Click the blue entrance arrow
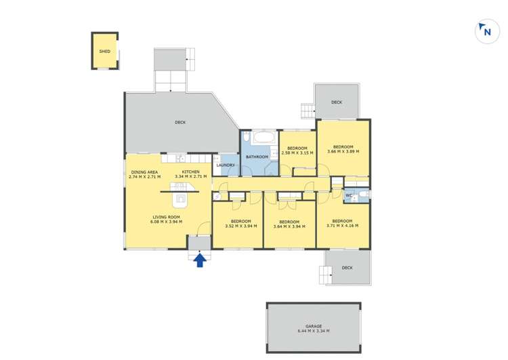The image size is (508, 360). tap(200, 260)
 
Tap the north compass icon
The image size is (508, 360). tap(486, 32)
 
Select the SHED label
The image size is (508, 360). tap(104, 52)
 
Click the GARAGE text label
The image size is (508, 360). tap(313, 326)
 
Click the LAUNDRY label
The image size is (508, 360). tap(226, 165)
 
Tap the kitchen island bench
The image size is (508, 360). tap(180, 199)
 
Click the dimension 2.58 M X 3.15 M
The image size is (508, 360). tap(298, 153)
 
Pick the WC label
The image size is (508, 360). tap(349, 197)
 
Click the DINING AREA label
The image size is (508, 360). tap(144, 172)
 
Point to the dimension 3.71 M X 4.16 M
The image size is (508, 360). tap(342, 225)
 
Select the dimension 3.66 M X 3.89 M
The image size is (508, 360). tap(343, 151)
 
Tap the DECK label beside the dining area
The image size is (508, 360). tap(180, 123)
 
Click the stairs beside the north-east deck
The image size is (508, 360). tap(307, 111)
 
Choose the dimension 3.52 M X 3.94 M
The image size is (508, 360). tap(241, 226)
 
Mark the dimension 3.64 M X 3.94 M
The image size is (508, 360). tap(289, 226)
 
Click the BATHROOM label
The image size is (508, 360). tap(257, 157)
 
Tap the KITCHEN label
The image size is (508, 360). tap(190, 172)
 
